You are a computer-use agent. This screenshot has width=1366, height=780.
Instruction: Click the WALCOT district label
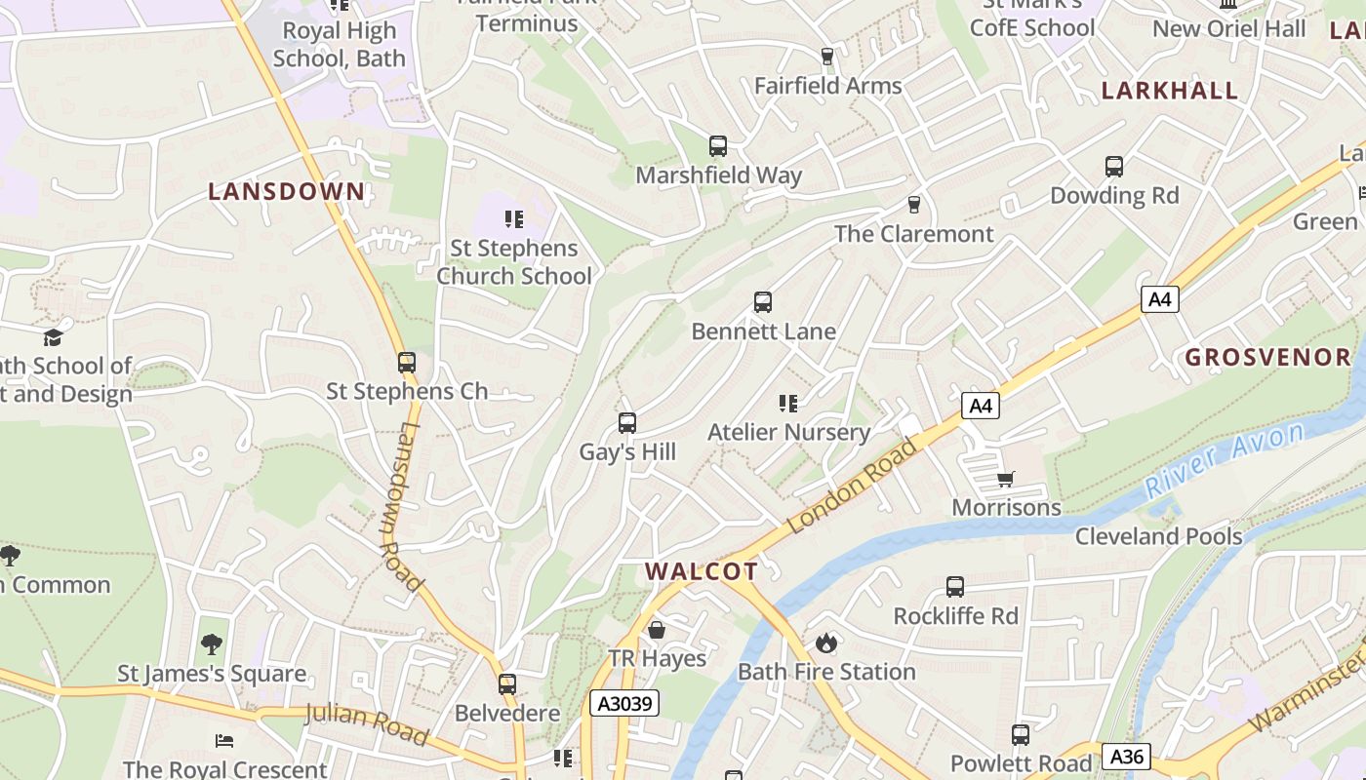pyautogui.click(x=701, y=571)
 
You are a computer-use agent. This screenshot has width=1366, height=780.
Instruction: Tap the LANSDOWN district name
pyautogui.click(x=286, y=191)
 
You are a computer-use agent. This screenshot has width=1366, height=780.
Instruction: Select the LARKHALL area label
pyautogui.click(x=1170, y=91)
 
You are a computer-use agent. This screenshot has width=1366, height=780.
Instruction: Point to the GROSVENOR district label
pyautogui.click(x=1267, y=357)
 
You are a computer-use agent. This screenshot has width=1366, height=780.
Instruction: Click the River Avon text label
pyautogui.click(x=1225, y=460)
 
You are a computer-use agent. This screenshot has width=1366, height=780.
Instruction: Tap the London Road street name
pyautogui.click(x=853, y=487)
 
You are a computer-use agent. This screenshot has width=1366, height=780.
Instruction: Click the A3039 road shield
pyautogui.click(x=624, y=703)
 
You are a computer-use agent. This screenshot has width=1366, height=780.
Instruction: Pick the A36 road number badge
pyautogui.click(x=1127, y=756)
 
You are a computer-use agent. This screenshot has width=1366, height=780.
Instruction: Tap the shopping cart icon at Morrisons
pyautogui.click(x=1006, y=479)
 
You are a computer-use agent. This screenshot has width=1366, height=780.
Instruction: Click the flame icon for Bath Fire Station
pyautogui.click(x=826, y=643)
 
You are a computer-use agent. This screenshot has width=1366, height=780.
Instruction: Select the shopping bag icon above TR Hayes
pyautogui.click(x=657, y=630)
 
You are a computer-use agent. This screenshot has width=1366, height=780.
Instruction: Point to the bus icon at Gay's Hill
pyautogui.click(x=627, y=423)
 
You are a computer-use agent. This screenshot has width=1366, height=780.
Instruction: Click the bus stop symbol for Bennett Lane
pyautogui.click(x=763, y=302)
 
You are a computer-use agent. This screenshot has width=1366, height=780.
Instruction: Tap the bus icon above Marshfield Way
pyautogui.click(x=718, y=146)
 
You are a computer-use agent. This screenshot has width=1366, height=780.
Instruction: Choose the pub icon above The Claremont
pyautogui.click(x=914, y=205)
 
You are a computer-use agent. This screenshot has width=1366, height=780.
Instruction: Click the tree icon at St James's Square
pyautogui.click(x=211, y=644)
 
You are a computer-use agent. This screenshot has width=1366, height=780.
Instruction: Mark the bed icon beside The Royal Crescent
pyautogui.click(x=224, y=740)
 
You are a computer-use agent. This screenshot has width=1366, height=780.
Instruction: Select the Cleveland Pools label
pyautogui.click(x=1158, y=536)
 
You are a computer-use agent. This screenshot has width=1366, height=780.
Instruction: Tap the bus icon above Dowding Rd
pyautogui.click(x=1114, y=167)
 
